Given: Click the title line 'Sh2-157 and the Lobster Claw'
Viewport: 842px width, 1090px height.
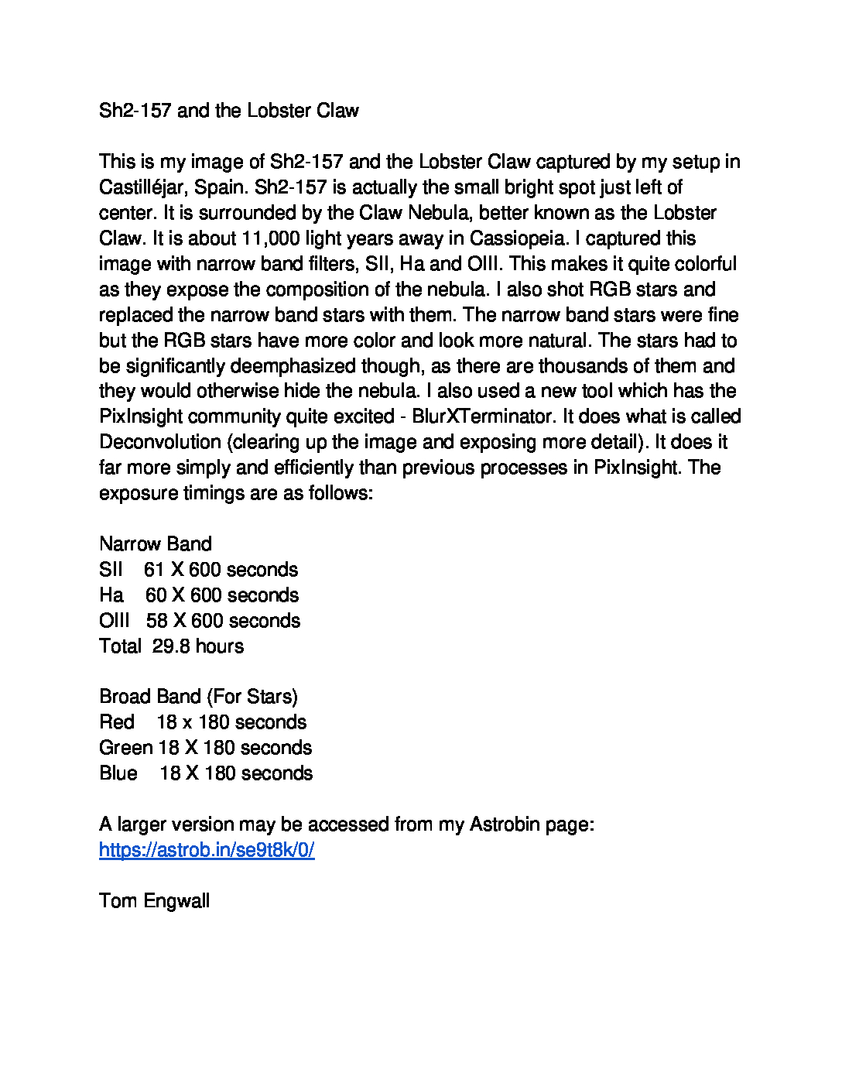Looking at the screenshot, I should click(x=228, y=111).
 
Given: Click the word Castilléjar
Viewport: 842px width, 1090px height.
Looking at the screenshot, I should click(x=143, y=187).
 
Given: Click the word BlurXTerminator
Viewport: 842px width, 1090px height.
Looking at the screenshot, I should click(x=482, y=416).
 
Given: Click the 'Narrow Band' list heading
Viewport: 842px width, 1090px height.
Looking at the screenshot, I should click(x=155, y=544).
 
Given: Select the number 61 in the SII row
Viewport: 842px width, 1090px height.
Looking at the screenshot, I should click(x=154, y=570).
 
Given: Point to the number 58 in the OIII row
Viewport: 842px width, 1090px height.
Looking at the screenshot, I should click(x=157, y=621).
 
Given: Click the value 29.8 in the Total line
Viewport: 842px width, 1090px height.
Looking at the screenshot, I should click(x=171, y=646).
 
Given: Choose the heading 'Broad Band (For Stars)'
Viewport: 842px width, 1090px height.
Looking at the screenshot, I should click(x=198, y=697).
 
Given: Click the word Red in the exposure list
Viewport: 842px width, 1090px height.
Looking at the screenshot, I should click(x=117, y=722).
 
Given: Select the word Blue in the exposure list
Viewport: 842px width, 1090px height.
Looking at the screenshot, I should click(x=118, y=773).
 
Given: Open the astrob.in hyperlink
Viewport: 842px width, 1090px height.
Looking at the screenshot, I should click(x=207, y=850).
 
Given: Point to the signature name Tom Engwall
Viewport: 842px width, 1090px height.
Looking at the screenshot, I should click(x=154, y=901).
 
